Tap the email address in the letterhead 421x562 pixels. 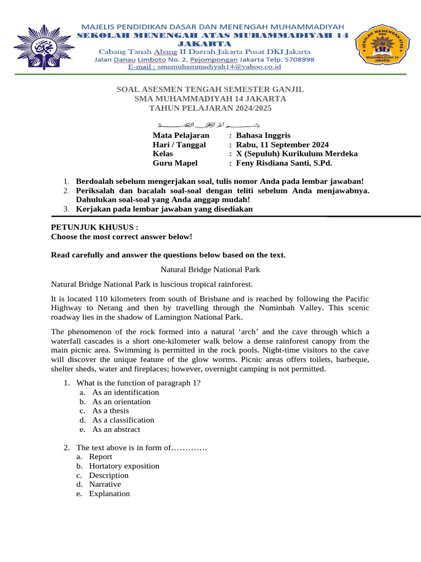pos(204,67)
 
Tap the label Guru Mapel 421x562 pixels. pos(175,163)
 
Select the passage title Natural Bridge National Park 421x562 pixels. pos(210,269)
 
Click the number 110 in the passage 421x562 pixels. pos(103,299)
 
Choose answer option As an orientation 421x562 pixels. pos(121,401)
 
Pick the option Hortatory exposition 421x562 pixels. pos(124,466)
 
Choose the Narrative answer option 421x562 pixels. pos(105,484)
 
